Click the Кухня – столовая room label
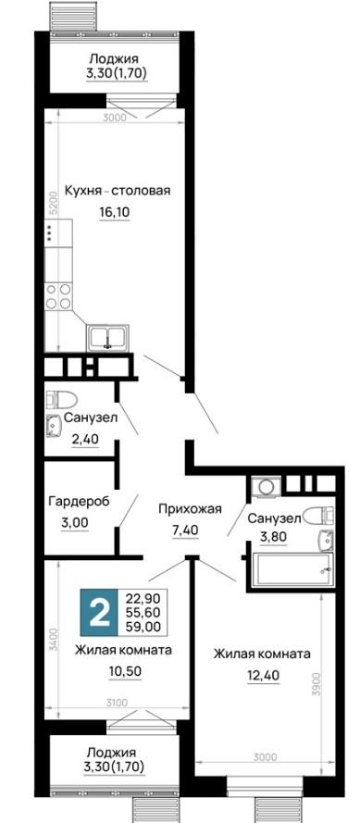[118, 191]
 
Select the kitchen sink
[107, 338]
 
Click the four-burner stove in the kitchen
[57, 296]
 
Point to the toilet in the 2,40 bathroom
[60, 401]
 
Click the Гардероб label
[79, 502]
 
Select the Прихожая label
[191, 508]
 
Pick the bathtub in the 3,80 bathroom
[292, 570]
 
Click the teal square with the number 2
[100, 613]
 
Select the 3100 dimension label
[115, 702]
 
